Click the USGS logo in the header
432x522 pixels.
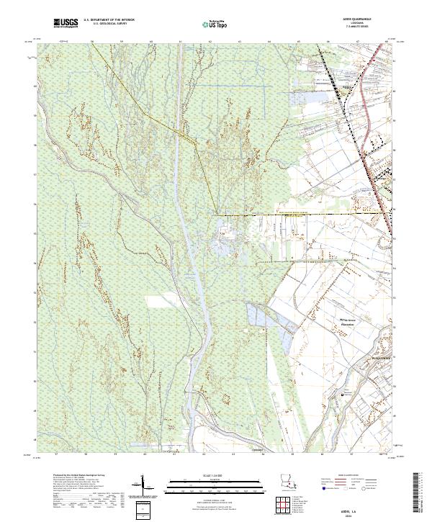click(66, 24)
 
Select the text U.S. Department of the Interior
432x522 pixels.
click(109, 21)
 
